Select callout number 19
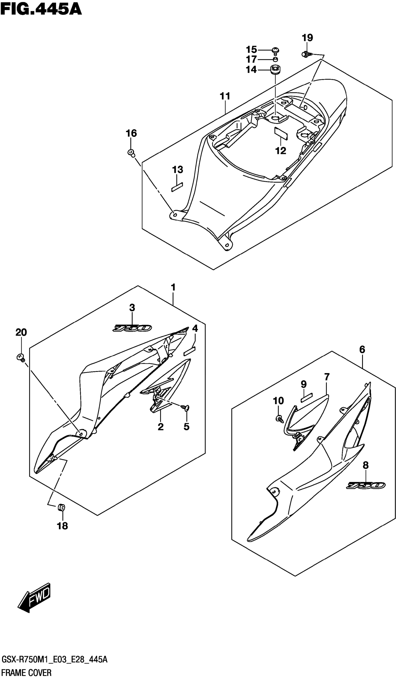[x=307, y=38]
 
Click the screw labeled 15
[x=275, y=50]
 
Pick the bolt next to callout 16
[x=131, y=153]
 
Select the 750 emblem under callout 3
[x=132, y=328]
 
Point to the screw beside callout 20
[x=20, y=357]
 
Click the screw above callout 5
[x=186, y=408]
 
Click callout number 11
[x=225, y=96]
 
